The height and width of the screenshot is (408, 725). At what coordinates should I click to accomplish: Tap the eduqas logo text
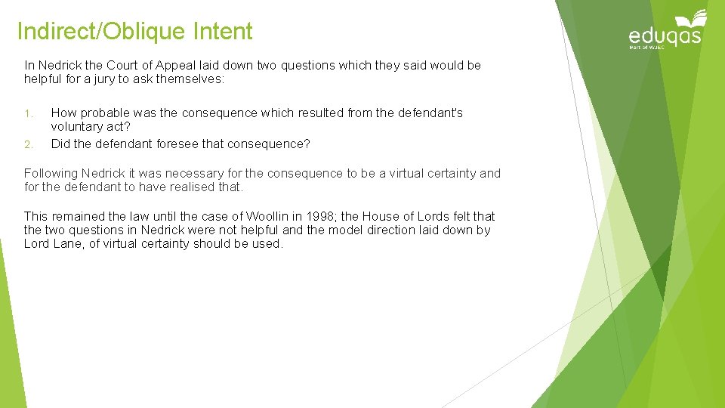(x=665, y=36)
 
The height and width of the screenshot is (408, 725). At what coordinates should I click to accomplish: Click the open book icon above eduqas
(x=692, y=19)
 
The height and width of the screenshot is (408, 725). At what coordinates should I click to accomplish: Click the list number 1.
(x=27, y=114)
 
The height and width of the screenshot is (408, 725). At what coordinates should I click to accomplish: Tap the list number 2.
(x=28, y=144)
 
